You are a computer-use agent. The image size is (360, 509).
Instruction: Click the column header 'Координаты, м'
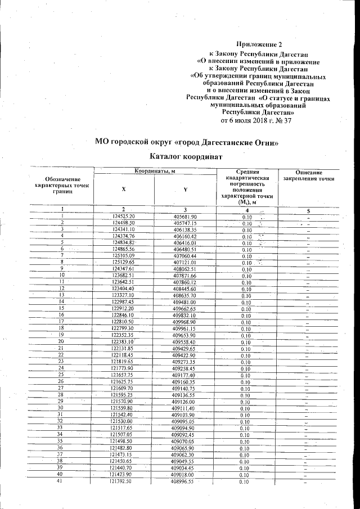coord(155,171)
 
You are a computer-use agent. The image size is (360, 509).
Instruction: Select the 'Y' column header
coord(185,189)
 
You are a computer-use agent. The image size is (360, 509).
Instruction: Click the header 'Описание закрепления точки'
coord(309,175)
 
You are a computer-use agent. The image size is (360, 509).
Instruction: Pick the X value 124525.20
coord(124,217)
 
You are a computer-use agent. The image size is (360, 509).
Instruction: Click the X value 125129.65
coord(124,262)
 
